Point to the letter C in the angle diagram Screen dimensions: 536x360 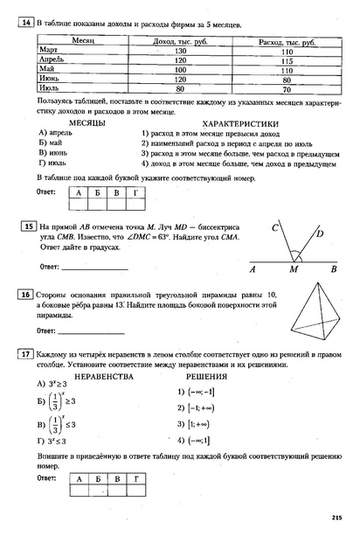(x=273, y=228)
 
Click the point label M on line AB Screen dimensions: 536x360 (x=294, y=270)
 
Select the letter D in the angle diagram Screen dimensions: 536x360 (x=320, y=233)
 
